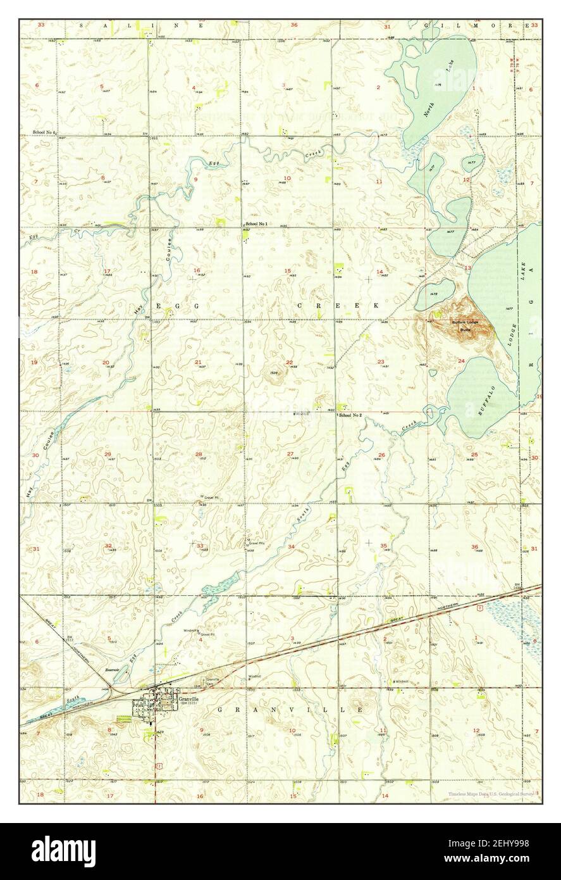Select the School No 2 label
[350, 415]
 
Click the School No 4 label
[45, 132]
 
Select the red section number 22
[289, 362]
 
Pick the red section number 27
[290, 454]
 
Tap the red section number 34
[291, 546]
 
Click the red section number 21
[198, 362]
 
